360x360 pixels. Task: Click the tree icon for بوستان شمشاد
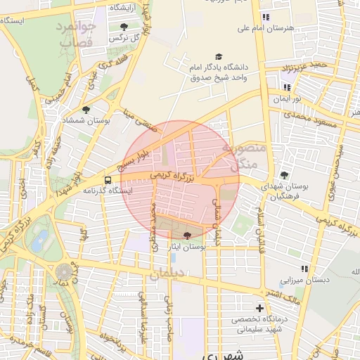86,110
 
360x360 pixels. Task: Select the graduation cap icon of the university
218,56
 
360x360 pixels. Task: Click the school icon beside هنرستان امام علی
264,16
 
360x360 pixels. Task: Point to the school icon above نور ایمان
286,87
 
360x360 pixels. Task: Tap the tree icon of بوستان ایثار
186,236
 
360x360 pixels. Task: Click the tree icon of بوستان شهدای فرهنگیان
284,175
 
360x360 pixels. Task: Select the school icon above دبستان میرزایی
304,269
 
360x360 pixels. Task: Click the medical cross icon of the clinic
260,308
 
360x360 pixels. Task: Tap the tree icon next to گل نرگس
124,27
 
